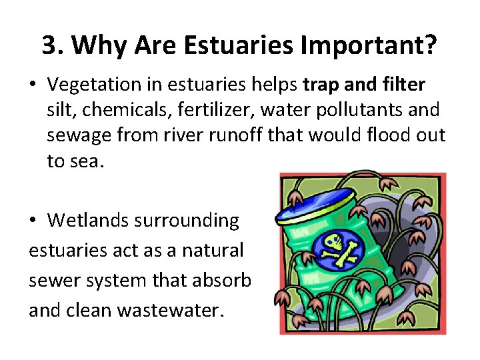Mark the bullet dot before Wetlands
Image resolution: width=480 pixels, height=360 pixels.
(34, 221)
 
